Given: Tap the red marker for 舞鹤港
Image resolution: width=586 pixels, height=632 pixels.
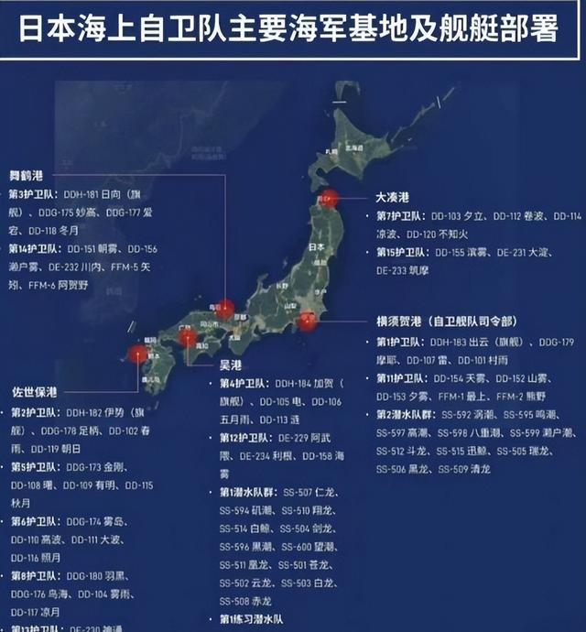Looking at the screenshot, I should click(x=224, y=310).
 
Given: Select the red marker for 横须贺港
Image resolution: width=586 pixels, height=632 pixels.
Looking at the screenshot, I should click(x=308, y=321).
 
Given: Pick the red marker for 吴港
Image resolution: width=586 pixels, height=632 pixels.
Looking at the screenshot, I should click(x=188, y=338).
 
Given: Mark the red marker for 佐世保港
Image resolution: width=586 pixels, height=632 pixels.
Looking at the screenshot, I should click(x=138, y=354).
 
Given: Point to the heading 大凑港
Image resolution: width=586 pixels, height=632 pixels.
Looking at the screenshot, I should click(x=392, y=198).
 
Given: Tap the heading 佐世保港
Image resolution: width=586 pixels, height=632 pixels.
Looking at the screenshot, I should click(x=34, y=390).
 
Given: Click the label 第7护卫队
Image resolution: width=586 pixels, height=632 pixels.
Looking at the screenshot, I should click(x=399, y=216).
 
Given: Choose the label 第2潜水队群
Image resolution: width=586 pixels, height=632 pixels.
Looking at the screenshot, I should click(x=404, y=414).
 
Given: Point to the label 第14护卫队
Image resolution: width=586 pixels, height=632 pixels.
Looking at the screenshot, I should click(x=34, y=248).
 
